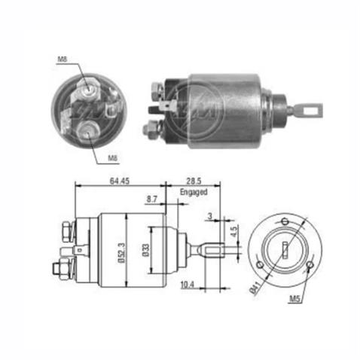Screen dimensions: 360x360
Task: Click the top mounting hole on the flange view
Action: pos(285,220)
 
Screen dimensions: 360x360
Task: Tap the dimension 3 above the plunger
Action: pos(209,216)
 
